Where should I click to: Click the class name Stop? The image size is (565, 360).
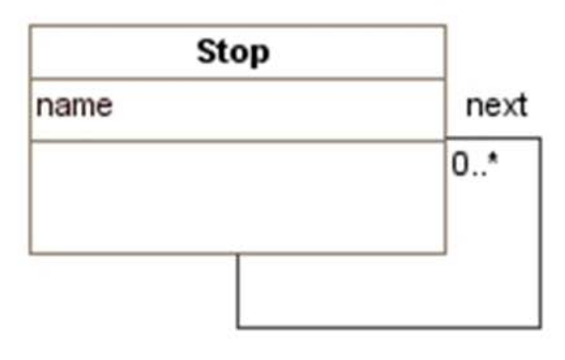tap(233, 53)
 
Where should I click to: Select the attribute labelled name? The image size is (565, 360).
tap(74, 106)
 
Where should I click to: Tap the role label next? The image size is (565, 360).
tap(496, 105)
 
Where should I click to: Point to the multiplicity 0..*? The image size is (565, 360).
tap(474, 164)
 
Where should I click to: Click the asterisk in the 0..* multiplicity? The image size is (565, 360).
tap(491, 160)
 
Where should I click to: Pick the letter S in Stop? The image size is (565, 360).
tap(207, 53)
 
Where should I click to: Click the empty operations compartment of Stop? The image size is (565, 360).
tap(237, 197)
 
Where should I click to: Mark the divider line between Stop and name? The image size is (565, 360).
tap(237, 79)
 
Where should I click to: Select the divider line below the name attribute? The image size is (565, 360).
tap(237, 141)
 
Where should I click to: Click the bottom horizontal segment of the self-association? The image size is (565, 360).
tap(389, 327)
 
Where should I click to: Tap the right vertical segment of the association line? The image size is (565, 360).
tap(540, 235)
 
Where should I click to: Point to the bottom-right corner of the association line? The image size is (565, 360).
tap(540, 327)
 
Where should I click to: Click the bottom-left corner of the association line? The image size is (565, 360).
tap(238, 327)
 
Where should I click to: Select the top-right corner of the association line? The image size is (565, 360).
tap(540, 139)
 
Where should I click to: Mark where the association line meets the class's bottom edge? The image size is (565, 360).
tap(238, 254)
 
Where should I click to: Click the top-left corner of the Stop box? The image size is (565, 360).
tap(31, 26)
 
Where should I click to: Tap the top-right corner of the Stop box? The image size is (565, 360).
tap(445, 26)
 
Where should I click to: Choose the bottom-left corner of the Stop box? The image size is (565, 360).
tap(31, 254)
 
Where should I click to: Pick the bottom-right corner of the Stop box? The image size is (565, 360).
tap(445, 254)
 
